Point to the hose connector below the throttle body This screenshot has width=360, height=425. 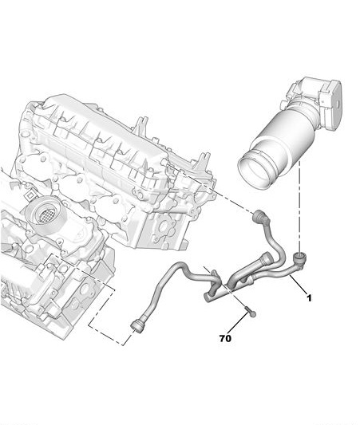point(301,257)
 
